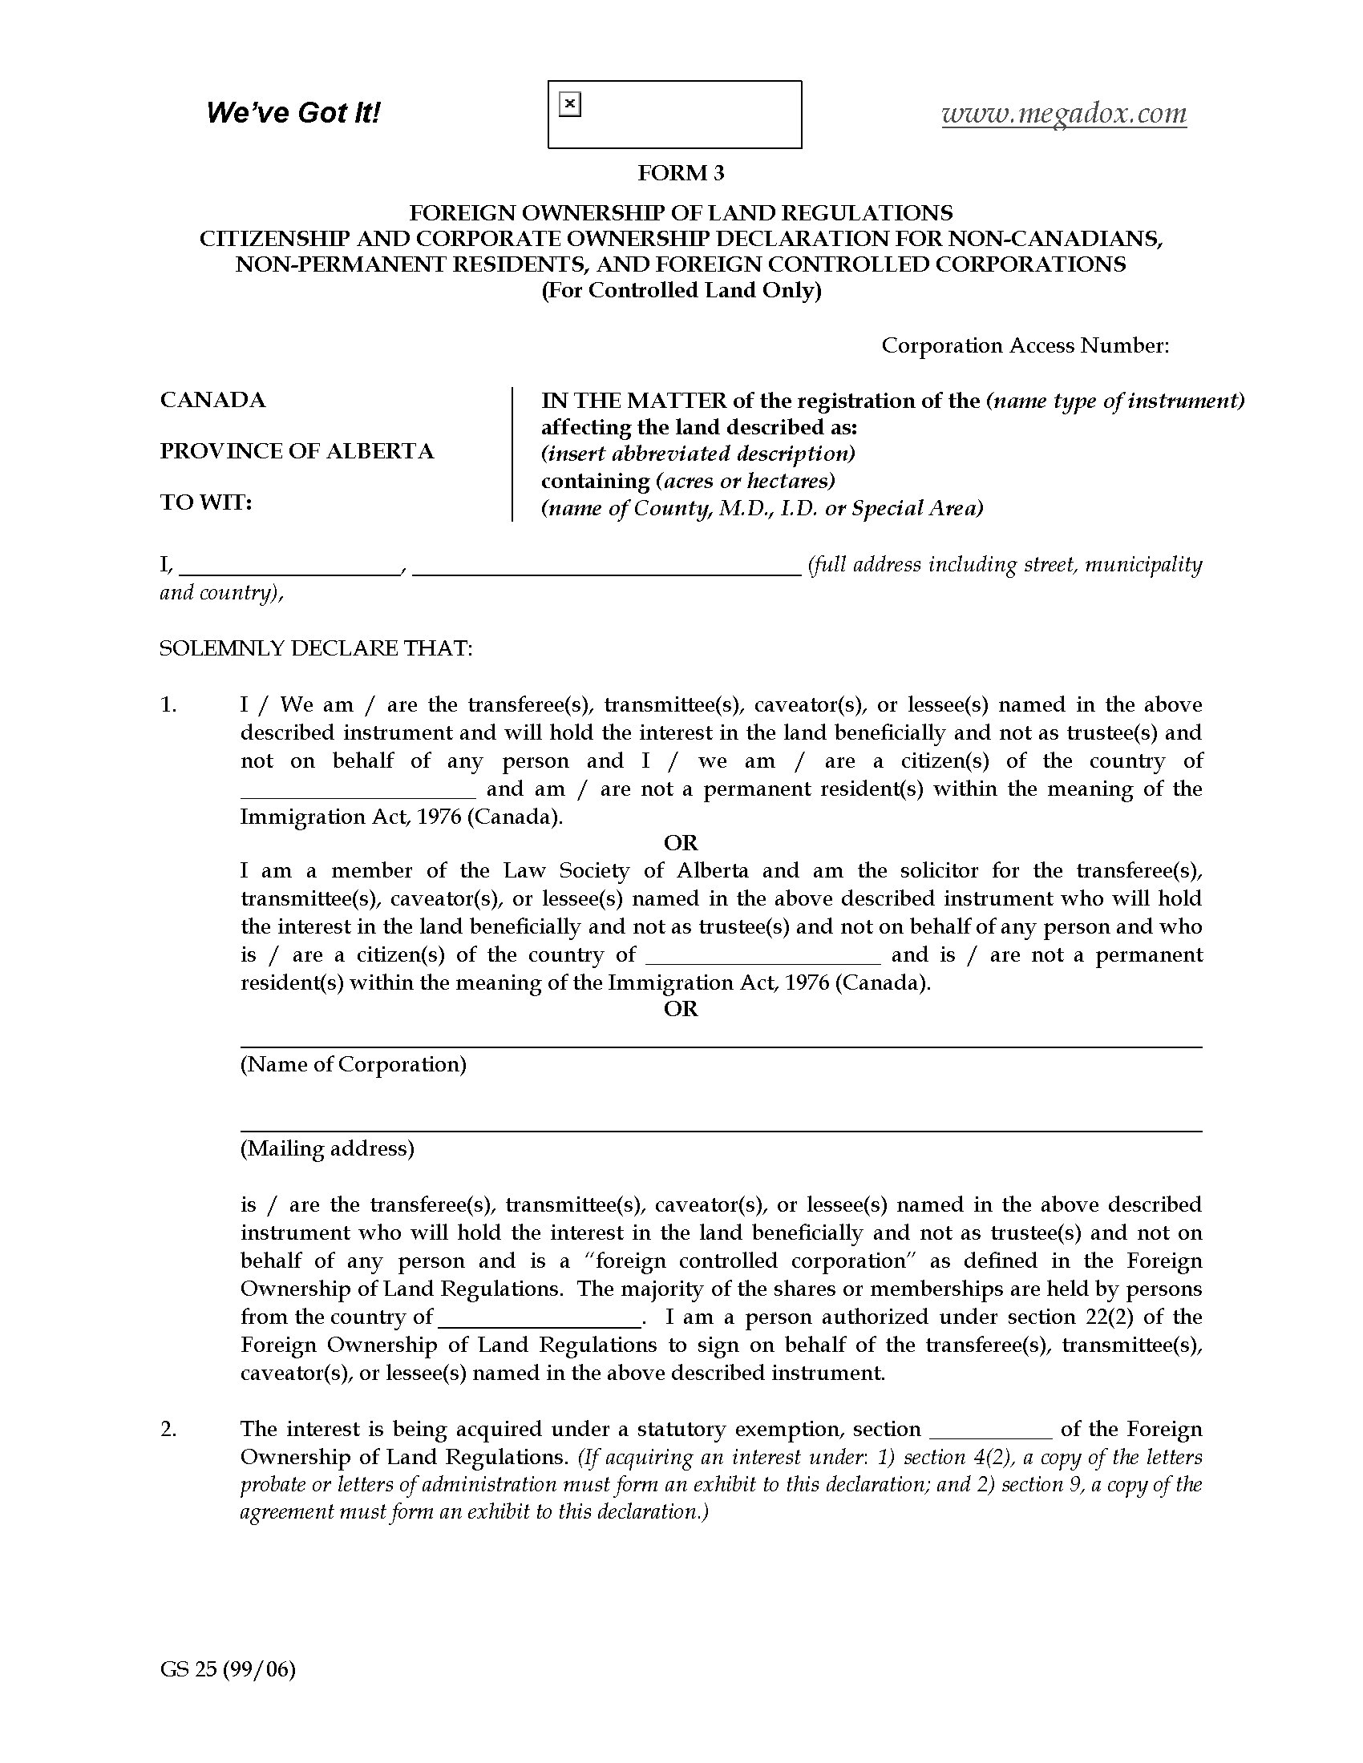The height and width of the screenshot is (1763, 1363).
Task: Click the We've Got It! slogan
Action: (293, 113)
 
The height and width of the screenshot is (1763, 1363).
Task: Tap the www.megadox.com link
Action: (1063, 114)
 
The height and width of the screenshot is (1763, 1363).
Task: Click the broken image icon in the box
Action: (570, 104)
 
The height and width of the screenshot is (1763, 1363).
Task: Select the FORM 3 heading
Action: (681, 173)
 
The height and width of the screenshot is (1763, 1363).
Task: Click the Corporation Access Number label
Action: (1025, 345)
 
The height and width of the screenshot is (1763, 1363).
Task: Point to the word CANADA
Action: (212, 401)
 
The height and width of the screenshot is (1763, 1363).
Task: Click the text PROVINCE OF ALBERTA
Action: (297, 451)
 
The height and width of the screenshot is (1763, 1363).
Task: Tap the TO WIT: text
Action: (206, 502)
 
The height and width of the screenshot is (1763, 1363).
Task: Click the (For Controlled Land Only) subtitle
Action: (681, 291)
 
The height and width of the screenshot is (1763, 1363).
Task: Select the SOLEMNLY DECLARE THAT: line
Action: (316, 648)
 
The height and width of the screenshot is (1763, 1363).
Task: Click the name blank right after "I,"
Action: (290, 567)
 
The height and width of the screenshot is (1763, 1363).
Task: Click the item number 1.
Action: (168, 704)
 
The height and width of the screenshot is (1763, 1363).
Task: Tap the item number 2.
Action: (168, 1429)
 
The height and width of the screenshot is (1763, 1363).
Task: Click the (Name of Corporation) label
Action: (353, 1064)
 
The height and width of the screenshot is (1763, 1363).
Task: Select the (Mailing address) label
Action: (327, 1148)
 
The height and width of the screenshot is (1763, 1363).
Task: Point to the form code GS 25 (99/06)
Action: (228, 1669)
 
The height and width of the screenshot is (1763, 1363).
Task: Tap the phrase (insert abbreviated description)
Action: (698, 454)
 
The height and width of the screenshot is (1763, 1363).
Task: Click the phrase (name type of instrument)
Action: (1115, 401)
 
